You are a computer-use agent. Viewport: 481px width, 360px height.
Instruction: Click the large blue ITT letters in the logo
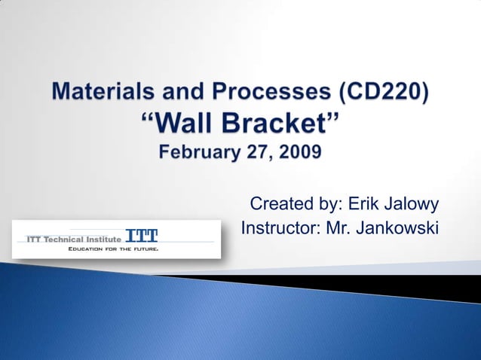142,234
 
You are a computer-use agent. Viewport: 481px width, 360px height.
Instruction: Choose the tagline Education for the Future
112,248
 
